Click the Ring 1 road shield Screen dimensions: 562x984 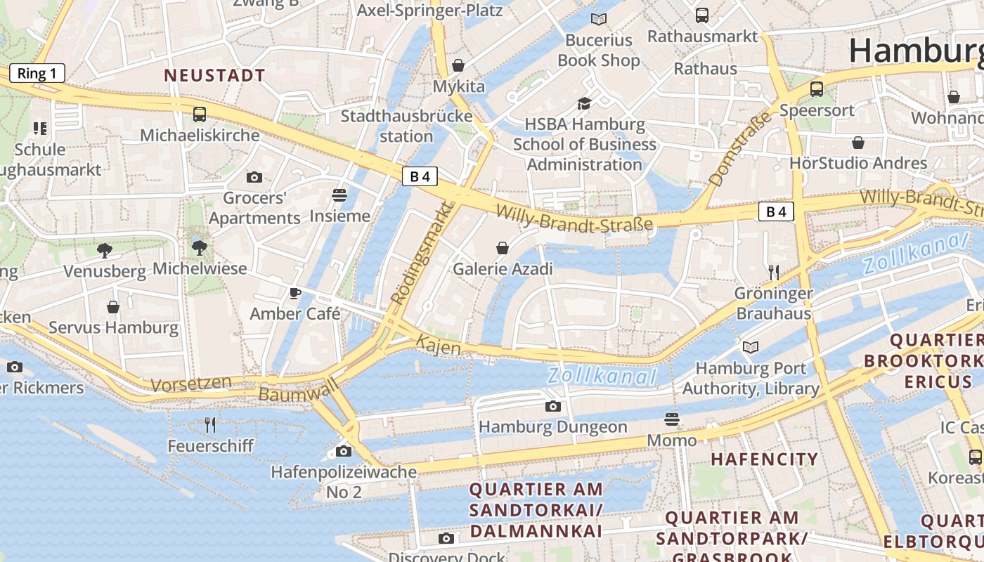[x=37, y=73]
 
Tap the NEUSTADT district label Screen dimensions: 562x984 [x=214, y=75]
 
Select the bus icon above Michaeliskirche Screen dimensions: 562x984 [x=200, y=115]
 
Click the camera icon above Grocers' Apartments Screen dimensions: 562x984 [x=254, y=178]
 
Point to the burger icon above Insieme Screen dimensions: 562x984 [x=339, y=195]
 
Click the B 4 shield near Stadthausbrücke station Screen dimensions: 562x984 [x=420, y=176]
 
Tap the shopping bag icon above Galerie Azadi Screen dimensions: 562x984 [x=503, y=248]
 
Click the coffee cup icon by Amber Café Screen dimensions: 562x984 [x=295, y=293]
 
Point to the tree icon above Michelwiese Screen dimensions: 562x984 [x=200, y=247]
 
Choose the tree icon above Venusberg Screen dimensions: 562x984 [x=105, y=250]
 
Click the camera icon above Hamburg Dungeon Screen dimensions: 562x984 [x=553, y=406]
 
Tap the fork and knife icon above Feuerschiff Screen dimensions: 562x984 [x=209, y=424]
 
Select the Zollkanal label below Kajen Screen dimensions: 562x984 [x=602, y=377]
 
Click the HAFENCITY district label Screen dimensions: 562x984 [x=764, y=459]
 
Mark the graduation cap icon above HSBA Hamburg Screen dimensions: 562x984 [x=584, y=104]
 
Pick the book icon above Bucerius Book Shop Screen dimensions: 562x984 [x=598, y=19]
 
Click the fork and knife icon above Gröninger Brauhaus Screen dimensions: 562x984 [x=774, y=272]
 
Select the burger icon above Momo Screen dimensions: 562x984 [x=672, y=419]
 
